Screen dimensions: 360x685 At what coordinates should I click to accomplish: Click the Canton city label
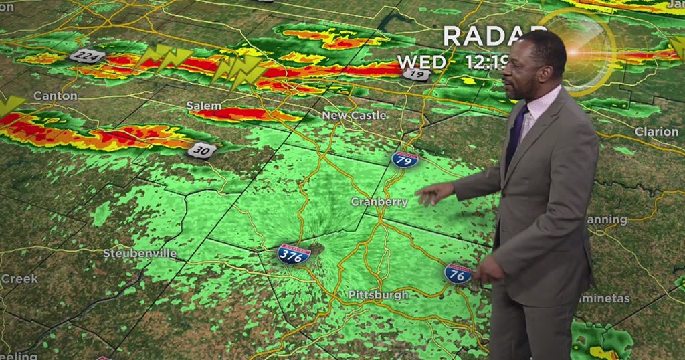click(56, 96)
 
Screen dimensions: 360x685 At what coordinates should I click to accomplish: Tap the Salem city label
click(203, 106)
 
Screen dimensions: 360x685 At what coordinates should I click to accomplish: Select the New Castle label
click(354, 115)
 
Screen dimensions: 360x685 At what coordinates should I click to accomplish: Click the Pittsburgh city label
click(378, 295)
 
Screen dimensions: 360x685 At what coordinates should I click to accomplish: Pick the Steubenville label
click(140, 254)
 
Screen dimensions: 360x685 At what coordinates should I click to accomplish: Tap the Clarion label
click(656, 132)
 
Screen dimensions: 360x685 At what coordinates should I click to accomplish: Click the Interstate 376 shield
click(294, 254)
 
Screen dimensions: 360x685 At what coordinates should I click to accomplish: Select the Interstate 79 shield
click(405, 159)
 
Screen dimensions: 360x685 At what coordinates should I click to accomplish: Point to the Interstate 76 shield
click(458, 273)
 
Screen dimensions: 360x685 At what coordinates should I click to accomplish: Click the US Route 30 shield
click(201, 150)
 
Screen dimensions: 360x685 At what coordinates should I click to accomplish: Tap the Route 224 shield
click(87, 56)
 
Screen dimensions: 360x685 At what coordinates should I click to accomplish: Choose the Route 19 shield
click(415, 74)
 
